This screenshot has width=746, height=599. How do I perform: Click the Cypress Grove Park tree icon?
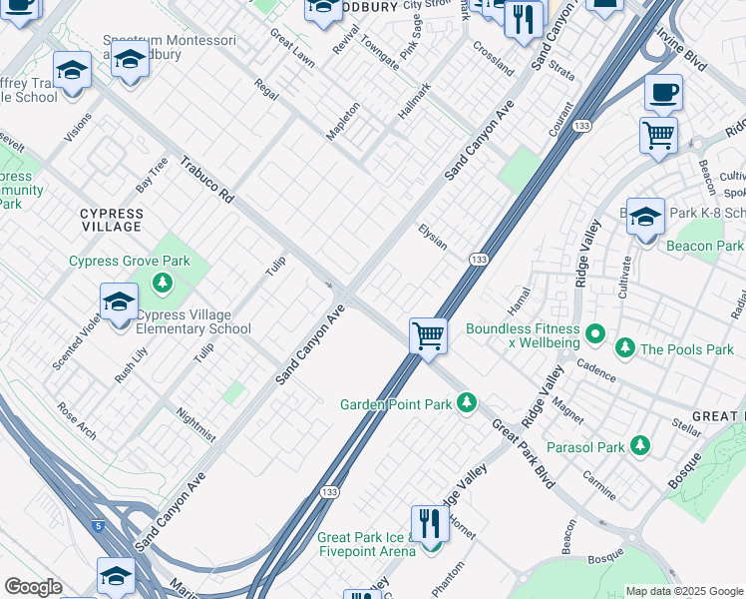[x=162, y=285]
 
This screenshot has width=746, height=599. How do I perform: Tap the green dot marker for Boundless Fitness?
[x=595, y=332]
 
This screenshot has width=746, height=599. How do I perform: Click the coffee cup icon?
[x=663, y=94]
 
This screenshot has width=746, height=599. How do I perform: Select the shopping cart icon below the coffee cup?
[x=658, y=134]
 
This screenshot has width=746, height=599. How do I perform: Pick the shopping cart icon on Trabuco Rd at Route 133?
[x=428, y=335]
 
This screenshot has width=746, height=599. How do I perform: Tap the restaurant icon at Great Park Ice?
[x=430, y=522]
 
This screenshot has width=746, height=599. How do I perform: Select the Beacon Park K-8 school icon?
[x=645, y=216]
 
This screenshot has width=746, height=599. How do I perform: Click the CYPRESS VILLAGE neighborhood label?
[x=112, y=221]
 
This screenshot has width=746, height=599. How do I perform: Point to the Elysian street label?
[x=432, y=237]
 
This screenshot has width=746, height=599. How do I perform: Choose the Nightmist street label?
[x=195, y=423]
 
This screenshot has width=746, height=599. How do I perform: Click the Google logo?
[x=33, y=587]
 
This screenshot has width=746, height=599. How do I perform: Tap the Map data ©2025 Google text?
[x=683, y=591]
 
